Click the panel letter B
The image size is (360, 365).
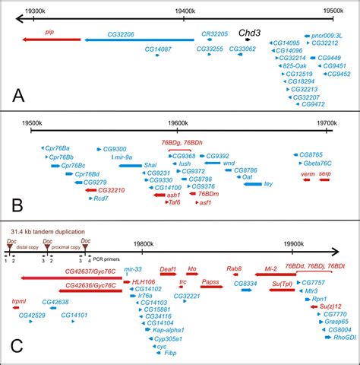(17, 205)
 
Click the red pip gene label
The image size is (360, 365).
(50, 32)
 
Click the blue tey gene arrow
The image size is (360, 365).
(252, 183)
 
